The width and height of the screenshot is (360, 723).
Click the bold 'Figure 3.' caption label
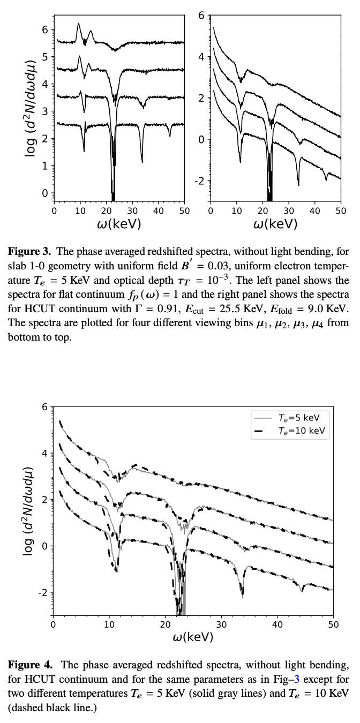coord(29,251)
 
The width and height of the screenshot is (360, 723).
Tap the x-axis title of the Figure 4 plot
coord(192,637)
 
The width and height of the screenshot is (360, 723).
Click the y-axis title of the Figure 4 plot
coord(28,511)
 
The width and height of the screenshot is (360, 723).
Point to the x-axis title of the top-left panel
coord(119,224)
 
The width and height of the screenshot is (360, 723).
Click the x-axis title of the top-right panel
coord(275,224)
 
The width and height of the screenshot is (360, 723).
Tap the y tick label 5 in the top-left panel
coord(45,57)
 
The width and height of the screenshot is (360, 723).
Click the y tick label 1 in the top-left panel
coord(45,166)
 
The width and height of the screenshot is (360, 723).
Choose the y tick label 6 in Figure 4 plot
coord(45,407)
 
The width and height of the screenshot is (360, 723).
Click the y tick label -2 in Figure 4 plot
coord(43,593)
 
